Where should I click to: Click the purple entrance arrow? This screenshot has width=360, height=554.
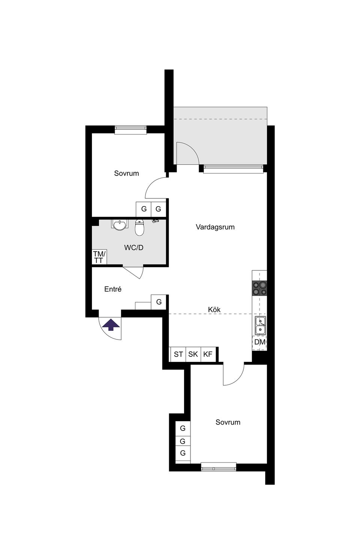pos(111,325)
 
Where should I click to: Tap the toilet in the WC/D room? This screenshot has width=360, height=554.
pos(139,228)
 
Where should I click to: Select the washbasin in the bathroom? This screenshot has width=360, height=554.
pos(120,225)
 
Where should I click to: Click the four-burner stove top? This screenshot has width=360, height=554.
pos(259,288)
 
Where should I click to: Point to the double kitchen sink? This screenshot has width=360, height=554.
pos(260,326)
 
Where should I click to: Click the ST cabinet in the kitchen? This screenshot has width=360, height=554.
pos(178,354)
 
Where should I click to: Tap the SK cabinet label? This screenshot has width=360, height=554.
pos(193,354)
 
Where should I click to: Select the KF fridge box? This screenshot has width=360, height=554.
pos(208,354)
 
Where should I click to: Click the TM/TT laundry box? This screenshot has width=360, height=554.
pos(99,257)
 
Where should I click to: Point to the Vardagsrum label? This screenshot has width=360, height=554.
pos(215,227)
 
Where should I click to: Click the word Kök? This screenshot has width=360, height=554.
pos(214,309)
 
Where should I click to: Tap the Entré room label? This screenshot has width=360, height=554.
pos(113,289)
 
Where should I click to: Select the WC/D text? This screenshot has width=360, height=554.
pos(134,248)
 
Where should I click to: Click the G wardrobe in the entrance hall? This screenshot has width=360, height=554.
pos(159,302)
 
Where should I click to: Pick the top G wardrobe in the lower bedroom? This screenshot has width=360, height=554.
pos(183,428)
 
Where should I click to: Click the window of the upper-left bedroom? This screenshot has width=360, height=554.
pos(130,130)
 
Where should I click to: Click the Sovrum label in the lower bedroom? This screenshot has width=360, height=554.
pos(228,422)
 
